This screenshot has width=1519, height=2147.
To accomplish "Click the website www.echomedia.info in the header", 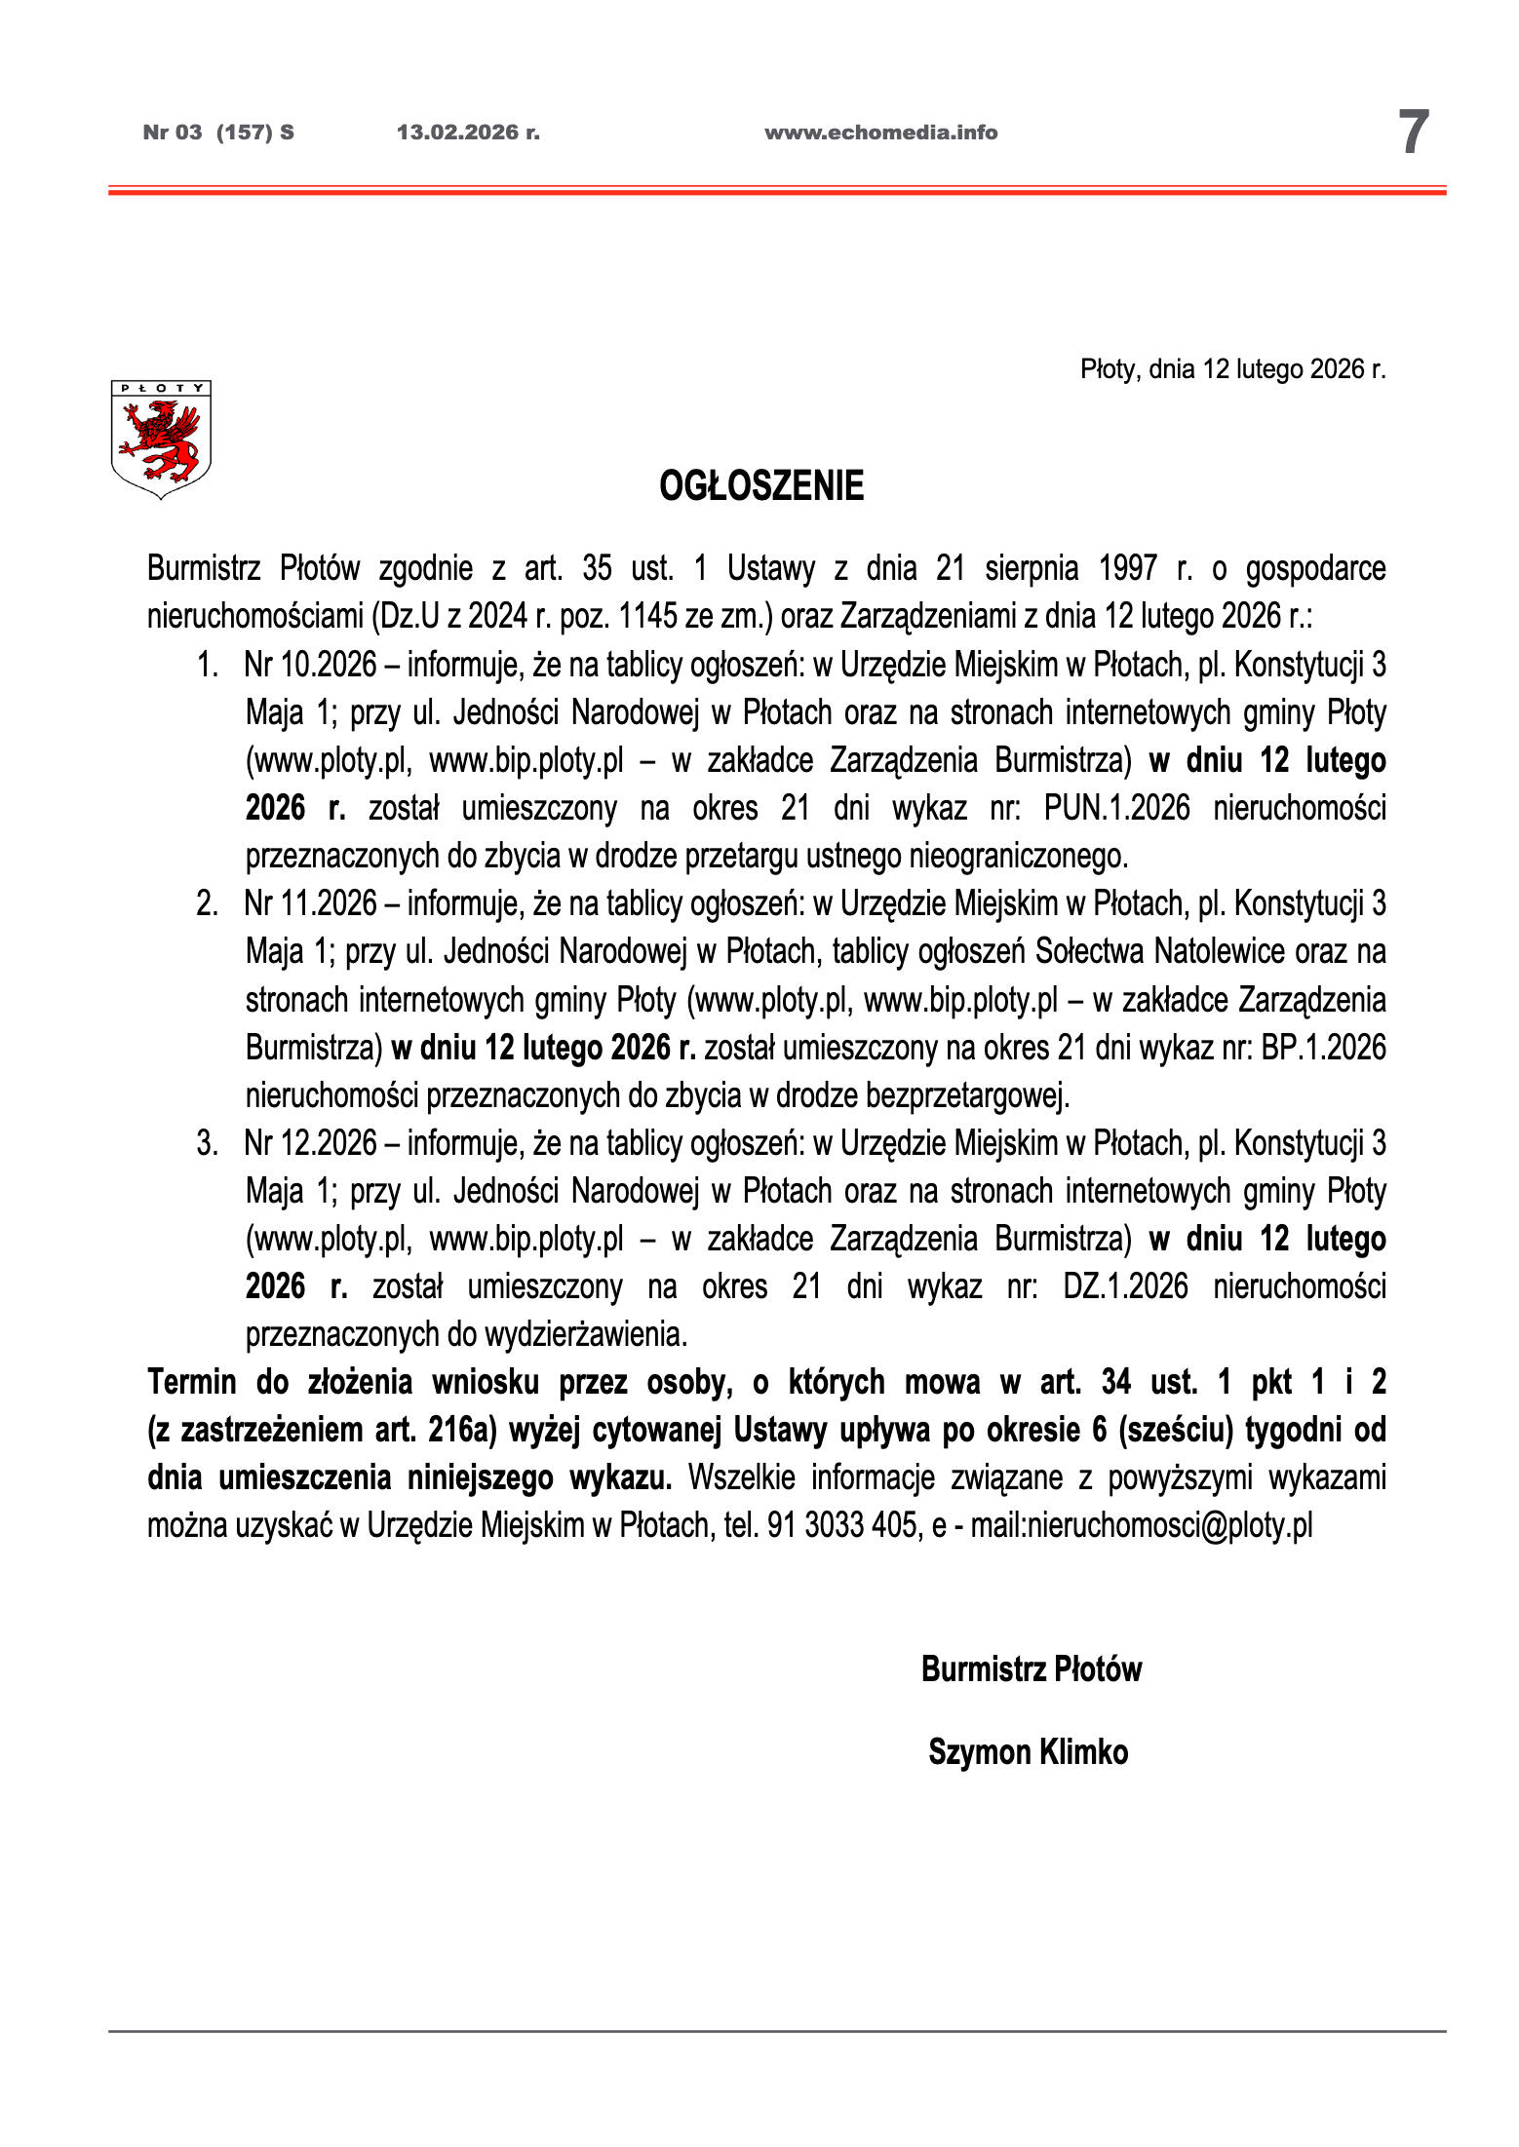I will point(880,133).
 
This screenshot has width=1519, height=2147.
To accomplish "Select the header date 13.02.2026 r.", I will point(468,133).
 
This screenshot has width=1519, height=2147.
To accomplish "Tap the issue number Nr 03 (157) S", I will point(218,133).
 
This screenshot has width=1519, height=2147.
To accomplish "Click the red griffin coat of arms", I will point(161,440).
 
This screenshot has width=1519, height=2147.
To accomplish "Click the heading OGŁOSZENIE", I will point(760,485).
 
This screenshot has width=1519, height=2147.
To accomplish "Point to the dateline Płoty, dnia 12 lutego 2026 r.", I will point(1232,369).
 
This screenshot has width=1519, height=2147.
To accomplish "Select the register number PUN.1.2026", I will point(1116,808).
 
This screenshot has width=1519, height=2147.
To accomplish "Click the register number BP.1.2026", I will point(1323,1048).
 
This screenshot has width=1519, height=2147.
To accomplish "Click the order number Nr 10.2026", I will point(310,666).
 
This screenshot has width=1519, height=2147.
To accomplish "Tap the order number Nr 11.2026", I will point(310,904).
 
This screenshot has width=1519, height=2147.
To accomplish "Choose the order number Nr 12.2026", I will point(310,1143).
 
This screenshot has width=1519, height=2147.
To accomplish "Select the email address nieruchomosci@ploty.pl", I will point(1170,1525).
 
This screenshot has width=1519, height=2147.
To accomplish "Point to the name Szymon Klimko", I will point(1028,1751).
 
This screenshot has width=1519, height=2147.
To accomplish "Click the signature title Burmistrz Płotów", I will point(1031,1668).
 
